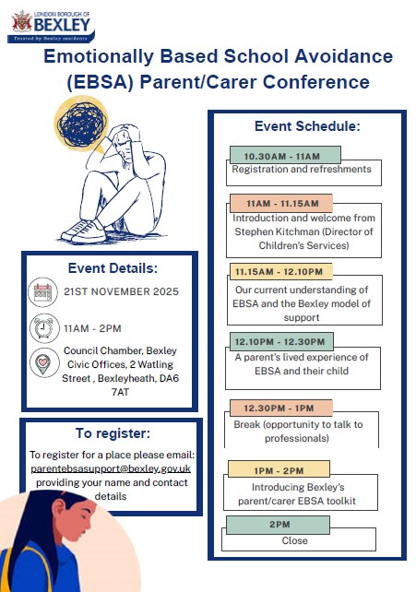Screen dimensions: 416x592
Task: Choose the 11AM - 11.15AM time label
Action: (x=282, y=203)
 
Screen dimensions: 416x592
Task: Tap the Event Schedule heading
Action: (x=307, y=125)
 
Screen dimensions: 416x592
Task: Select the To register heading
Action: (x=111, y=433)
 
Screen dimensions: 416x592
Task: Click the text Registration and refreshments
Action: (x=301, y=170)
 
